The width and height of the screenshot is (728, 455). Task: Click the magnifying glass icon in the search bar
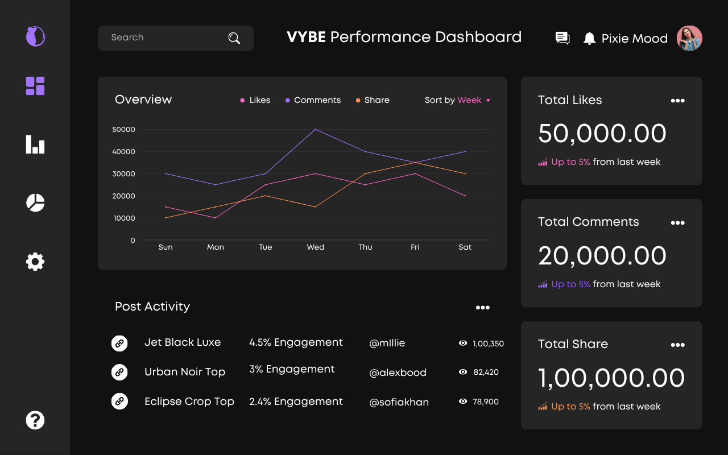click(x=234, y=38)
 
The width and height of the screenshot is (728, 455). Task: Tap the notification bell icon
click(x=589, y=38)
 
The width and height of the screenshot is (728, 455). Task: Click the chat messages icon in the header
click(x=562, y=38)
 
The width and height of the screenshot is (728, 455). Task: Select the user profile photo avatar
click(x=689, y=38)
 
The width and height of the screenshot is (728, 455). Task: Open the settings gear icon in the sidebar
click(x=35, y=262)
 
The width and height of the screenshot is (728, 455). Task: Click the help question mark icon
click(x=35, y=420)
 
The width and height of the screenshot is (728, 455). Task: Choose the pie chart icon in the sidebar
click(x=35, y=202)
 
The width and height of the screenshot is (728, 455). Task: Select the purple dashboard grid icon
click(x=35, y=86)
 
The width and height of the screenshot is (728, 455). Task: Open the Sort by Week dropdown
click(x=457, y=100)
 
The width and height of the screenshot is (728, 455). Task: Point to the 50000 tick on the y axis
click(x=123, y=130)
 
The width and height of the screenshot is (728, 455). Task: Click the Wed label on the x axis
click(x=315, y=247)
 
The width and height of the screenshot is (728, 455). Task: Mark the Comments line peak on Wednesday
click(x=315, y=129)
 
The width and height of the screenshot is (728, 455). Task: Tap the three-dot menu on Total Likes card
click(x=677, y=101)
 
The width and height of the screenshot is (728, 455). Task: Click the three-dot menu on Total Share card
click(x=677, y=345)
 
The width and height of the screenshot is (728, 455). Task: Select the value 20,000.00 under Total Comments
click(x=602, y=256)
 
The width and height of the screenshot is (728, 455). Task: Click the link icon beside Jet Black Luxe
click(x=119, y=343)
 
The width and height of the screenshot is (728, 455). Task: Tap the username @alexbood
click(x=398, y=373)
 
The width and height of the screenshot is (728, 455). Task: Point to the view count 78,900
click(x=485, y=402)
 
